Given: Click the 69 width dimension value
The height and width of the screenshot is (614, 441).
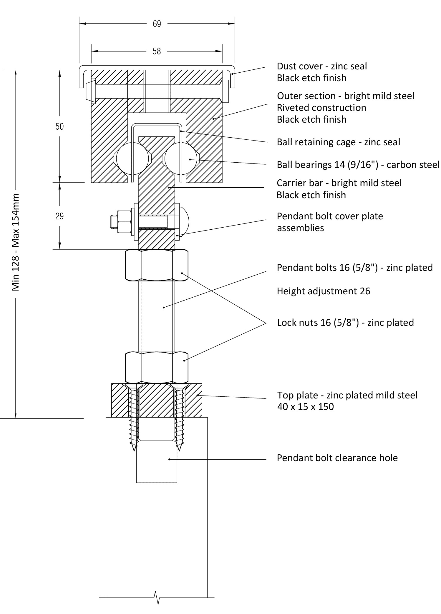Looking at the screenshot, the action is point(157,24).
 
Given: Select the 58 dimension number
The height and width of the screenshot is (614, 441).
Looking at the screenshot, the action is point(157,51).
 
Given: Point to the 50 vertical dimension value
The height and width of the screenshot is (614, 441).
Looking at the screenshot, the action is point(59,126).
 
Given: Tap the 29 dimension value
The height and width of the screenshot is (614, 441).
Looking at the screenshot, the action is point(59,216).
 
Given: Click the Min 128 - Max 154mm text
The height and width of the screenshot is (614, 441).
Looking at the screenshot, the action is point(15,242).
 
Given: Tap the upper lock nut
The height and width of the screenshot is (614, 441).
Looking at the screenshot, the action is point(157,265).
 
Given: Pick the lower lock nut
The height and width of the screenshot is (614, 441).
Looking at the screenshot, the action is point(157,367).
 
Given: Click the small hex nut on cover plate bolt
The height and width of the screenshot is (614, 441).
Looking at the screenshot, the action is point(124,221).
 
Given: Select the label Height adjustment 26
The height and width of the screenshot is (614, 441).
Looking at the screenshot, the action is point(324,291).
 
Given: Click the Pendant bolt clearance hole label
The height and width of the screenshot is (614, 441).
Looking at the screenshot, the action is point(337,458).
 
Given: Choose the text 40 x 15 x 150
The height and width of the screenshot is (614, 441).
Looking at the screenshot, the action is point(305,407).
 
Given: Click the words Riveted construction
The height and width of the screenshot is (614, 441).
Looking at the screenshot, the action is point(321,108).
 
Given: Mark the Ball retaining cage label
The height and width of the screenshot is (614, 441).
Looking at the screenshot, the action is point(339,142).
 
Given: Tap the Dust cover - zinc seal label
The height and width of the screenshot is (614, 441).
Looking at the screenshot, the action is point(322,66).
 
